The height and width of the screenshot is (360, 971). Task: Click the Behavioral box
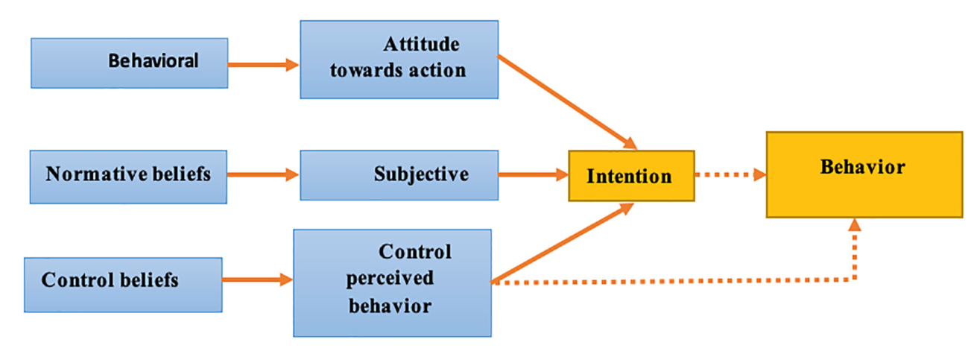pyautogui.click(x=129, y=63)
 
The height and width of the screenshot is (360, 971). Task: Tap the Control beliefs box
pyautogui.click(x=123, y=284)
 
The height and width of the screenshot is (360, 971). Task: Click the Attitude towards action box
pyautogui.click(x=399, y=60)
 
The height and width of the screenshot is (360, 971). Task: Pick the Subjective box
pyautogui.click(x=399, y=174)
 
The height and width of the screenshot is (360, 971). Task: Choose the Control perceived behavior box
pyautogui.click(x=392, y=282)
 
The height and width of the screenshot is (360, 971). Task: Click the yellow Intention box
pyautogui.click(x=630, y=176)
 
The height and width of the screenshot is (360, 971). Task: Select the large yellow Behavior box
pyautogui.click(x=864, y=174)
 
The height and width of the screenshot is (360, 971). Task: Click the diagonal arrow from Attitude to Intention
pyautogui.click(x=566, y=100)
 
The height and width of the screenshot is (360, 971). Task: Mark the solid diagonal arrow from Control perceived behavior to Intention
pyautogui.click(x=563, y=244)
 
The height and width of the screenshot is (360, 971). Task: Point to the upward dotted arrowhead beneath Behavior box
pyautogui.click(x=855, y=224)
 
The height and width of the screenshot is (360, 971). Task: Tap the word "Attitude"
pyautogui.click(x=421, y=45)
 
